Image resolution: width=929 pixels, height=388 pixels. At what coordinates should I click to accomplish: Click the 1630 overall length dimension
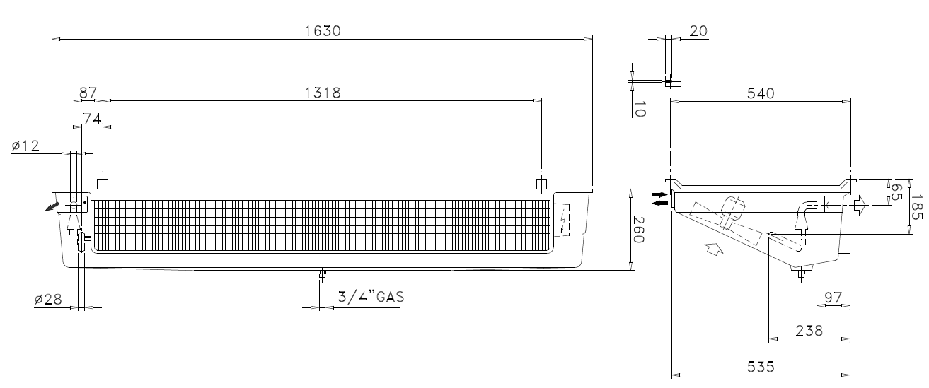click(323, 31)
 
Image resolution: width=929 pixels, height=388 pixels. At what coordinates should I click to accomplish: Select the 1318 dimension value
click(323, 93)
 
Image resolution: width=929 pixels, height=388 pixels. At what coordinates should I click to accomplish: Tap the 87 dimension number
click(88, 93)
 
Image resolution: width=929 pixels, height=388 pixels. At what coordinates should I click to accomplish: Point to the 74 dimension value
click(92, 119)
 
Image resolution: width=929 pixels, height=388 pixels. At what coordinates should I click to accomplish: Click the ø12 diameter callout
click(25, 146)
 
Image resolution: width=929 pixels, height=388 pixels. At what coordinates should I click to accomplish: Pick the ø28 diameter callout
click(48, 299)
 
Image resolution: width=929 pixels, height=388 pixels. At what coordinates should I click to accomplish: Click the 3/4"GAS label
click(371, 297)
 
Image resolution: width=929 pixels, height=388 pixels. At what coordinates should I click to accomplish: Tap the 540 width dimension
click(761, 93)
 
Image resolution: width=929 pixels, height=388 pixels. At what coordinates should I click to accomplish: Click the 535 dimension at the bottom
click(761, 367)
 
